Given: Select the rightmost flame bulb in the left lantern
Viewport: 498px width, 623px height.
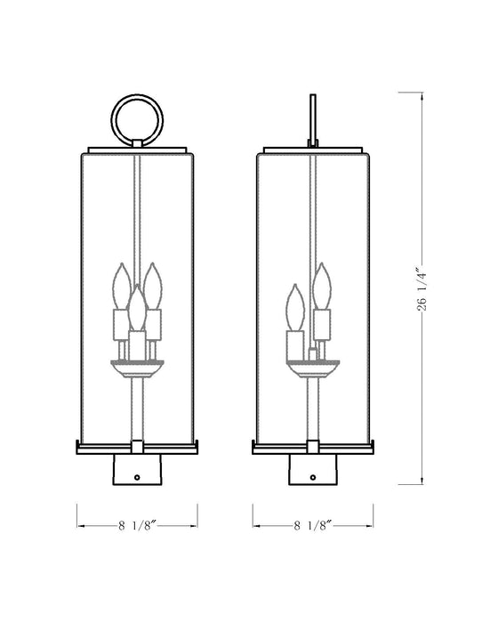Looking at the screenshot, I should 153,283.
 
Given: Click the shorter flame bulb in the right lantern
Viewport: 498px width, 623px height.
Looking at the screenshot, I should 295,307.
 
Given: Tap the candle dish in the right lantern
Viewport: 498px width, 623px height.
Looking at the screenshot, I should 312,366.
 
